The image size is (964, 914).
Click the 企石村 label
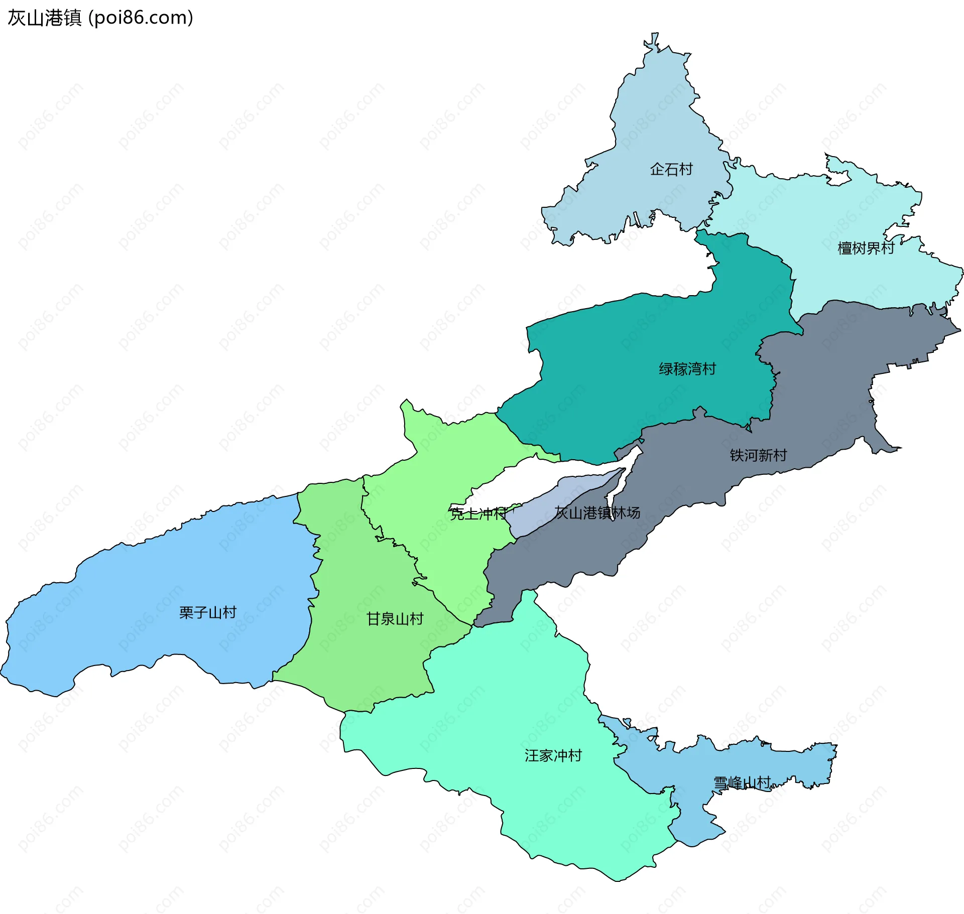click(671, 169)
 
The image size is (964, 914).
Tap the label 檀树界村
click(866, 248)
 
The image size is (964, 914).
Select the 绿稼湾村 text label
click(687, 369)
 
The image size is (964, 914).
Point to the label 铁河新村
click(758, 455)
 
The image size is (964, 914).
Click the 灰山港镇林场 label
click(597, 512)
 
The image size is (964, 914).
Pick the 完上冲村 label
click(478, 513)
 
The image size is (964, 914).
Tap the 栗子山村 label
click(207, 612)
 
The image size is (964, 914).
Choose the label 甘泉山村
click(395, 619)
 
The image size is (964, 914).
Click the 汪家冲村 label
click(553, 755)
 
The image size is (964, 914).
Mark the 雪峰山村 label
click(742, 782)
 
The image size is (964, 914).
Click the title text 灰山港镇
click(44, 18)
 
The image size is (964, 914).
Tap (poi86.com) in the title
click(141, 18)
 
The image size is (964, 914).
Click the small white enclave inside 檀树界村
click(837, 179)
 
